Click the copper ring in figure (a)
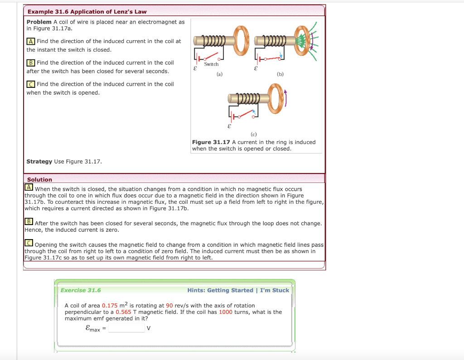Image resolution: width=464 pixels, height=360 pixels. coord(241,40)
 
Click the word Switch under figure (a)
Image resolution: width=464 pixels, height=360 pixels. coord(211,64)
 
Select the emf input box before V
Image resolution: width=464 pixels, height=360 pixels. coord(126,328)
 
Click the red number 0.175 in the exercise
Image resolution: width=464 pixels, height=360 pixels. coord(109,306)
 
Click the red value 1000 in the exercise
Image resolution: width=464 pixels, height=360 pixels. coord(225,312)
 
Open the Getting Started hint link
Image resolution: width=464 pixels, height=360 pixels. coord(230,290)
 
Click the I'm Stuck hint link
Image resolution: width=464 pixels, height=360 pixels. coord(274,290)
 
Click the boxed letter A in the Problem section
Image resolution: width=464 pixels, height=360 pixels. coord(30,41)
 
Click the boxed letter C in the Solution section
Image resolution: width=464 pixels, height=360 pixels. coord(29,244)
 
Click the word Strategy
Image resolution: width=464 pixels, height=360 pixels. coord(39,162)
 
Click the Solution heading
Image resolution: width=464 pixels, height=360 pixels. coord(39,180)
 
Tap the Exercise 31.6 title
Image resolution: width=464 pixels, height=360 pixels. coord(81,290)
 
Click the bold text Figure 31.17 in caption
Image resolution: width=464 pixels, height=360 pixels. coord(211,142)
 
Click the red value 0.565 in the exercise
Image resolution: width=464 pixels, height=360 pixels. coord(123,312)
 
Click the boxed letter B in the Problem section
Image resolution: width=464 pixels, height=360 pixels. coord(30,62)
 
